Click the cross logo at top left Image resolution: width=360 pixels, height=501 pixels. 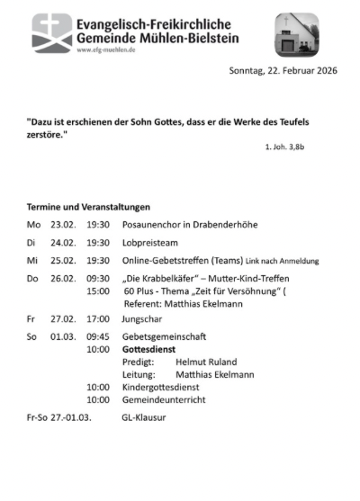click(x=52, y=32)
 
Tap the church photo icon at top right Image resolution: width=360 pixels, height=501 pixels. click(x=297, y=33)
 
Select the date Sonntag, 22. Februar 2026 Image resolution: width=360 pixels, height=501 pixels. click(x=283, y=71)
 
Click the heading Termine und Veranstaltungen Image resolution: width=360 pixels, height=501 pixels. click(x=88, y=207)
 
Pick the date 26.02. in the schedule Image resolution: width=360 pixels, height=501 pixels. click(x=62, y=279)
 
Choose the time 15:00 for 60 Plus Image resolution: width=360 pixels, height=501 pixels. click(x=98, y=291)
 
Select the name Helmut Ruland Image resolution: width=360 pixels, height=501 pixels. click(x=211, y=361)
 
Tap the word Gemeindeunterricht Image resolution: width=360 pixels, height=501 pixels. click(x=166, y=399)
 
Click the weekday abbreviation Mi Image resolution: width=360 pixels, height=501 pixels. click(x=33, y=261)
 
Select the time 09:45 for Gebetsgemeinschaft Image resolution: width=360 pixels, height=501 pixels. click(x=98, y=335)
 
